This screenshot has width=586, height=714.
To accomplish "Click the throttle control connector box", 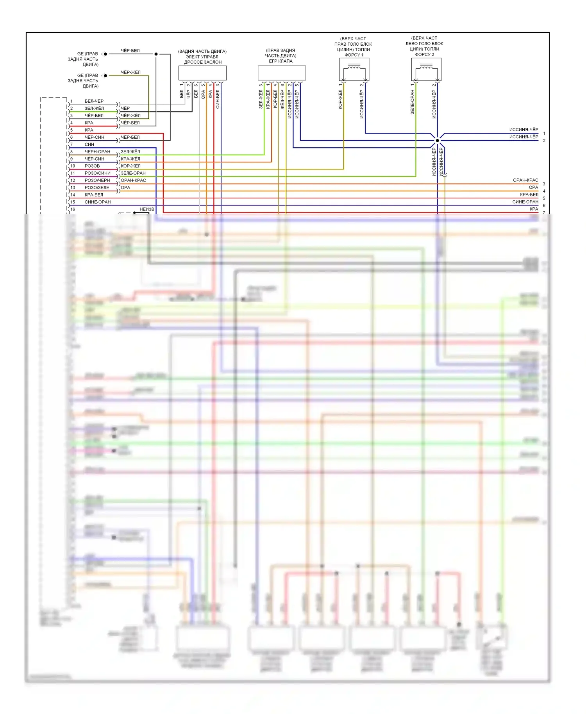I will click(202, 73).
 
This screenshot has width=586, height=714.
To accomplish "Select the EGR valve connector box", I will click(282, 73).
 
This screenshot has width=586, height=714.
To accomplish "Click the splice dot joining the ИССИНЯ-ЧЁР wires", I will click(437, 140).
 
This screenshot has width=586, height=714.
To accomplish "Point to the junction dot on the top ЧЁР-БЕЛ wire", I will click(156, 54).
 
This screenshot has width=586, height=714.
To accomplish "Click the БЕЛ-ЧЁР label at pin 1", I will click(94, 101).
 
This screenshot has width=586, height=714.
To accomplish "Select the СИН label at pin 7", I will click(89, 145).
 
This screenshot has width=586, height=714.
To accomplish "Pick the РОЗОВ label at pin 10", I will click(92, 166).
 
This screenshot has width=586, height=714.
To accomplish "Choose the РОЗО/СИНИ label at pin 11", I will click(97, 173).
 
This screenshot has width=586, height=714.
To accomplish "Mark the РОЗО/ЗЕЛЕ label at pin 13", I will click(97, 187).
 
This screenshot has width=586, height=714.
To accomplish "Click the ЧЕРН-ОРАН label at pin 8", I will click(97, 152).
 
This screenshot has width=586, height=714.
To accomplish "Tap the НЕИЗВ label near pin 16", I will click(147, 209).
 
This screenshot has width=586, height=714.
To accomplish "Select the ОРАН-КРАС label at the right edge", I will click(525, 180).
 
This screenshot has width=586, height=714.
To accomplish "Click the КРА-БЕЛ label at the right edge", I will click(529, 195).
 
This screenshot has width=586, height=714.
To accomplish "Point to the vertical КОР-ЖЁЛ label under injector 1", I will click(340, 99).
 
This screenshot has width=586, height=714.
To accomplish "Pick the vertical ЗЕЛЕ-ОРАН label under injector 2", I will click(413, 102).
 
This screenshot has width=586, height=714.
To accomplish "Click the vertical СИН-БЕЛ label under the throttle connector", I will click(218, 99).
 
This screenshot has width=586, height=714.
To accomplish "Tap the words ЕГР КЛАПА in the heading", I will click(280, 61).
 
